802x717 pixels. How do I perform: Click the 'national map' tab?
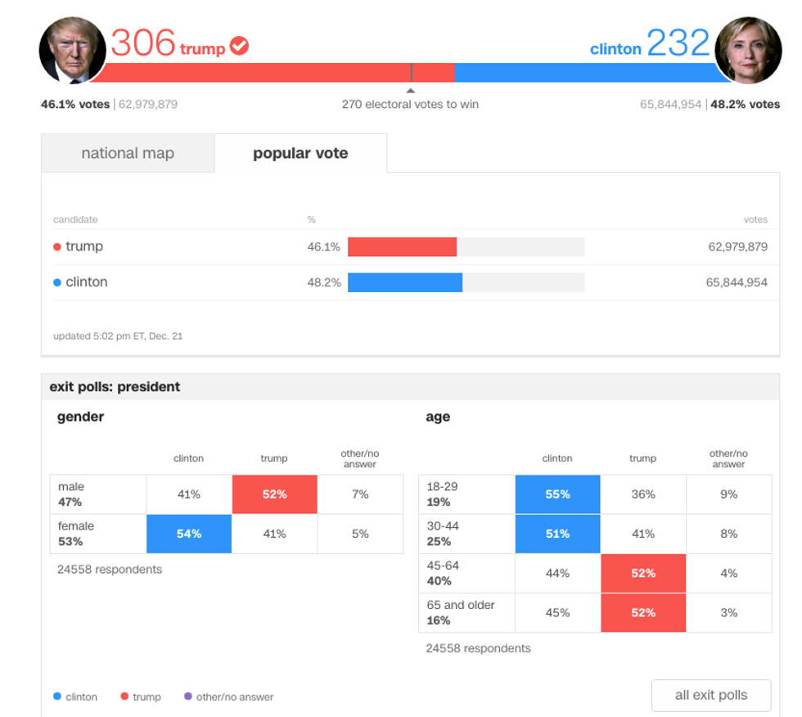[128, 153]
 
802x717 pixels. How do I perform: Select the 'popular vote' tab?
[300, 153]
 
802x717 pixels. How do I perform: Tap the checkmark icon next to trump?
[239, 46]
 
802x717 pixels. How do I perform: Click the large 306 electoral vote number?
[143, 43]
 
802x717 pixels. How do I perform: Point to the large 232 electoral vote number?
[678, 43]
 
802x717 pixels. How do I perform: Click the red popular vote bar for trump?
[402, 246]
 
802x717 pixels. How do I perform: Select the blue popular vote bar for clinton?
[405, 282]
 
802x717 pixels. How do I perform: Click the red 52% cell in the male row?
[274, 494]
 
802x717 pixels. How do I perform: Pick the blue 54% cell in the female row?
[189, 534]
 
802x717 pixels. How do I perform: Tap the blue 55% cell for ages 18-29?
[557, 494]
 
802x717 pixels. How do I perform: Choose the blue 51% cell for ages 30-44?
[557, 534]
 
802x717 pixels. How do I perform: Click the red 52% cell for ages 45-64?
[643, 573]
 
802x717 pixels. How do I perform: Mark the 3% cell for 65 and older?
[728, 612]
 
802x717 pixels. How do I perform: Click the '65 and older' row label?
[461, 605]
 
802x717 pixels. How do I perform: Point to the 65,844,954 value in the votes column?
[737, 282]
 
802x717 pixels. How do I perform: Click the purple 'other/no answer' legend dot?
[188, 697]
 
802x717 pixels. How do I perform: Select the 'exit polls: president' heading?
[115, 386]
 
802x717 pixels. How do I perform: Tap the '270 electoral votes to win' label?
[410, 104]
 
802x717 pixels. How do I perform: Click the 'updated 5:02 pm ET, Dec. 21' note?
[118, 336]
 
